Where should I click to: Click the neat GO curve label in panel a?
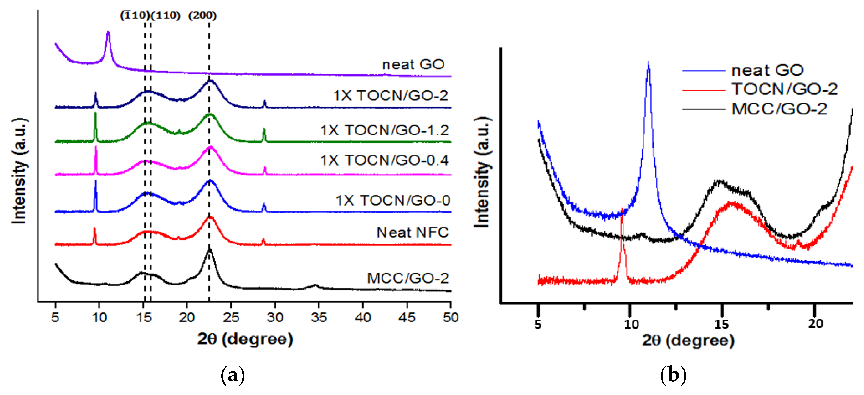[x=413, y=64]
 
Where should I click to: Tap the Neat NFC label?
[x=412, y=232]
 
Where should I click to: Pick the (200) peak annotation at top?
[x=202, y=15]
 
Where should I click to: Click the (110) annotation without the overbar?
[x=165, y=15]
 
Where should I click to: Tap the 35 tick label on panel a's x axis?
[x=319, y=317]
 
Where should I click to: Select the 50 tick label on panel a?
[x=450, y=317]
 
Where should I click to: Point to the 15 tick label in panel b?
[x=721, y=325]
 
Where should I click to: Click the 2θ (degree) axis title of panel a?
[x=245, y=339]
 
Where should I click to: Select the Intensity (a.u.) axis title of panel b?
[x=482, y=172]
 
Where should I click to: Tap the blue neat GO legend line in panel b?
[x=703, y=70]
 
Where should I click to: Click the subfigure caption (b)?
[x=673, y=375]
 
